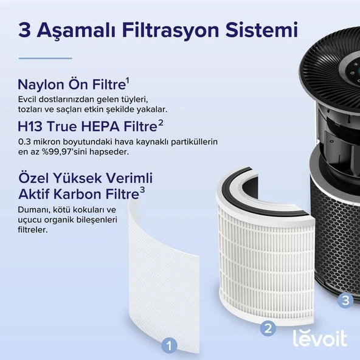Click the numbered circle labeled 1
point(170,345)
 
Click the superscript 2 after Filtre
point(161,123)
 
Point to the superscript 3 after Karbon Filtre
point(142,190)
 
